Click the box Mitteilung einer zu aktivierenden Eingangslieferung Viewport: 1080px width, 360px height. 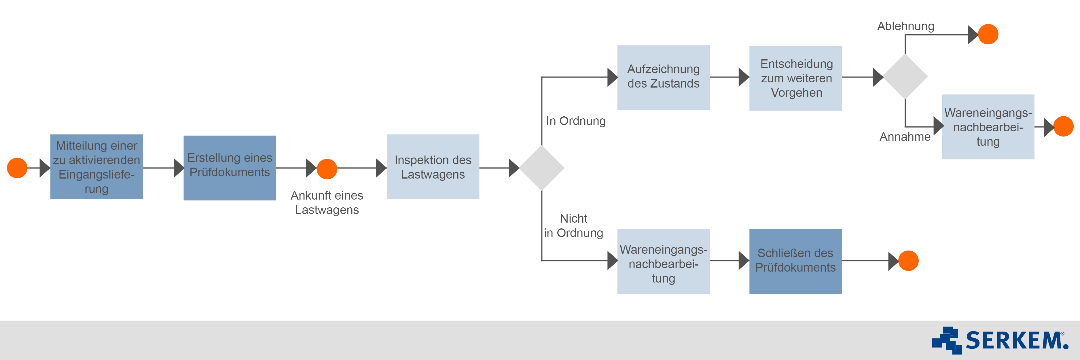point(96,167)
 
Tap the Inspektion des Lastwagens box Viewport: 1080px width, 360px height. point(433,167)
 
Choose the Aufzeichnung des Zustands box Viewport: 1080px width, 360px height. point(663,77)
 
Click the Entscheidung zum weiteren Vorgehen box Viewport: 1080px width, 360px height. point(795,78)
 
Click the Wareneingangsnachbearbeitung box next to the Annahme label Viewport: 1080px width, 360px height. point(988,126)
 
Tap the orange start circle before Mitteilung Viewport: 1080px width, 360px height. point(17,168)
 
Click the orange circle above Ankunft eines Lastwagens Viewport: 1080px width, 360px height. point(327,169)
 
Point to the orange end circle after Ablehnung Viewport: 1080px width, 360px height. point(988,34)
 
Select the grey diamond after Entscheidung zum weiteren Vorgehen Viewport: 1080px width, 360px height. point(905,77)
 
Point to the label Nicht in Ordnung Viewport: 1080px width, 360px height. point(573,226)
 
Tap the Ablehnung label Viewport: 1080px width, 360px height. point(905,26)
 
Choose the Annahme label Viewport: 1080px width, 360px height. point(905,137)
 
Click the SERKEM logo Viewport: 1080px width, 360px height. point(1000,340)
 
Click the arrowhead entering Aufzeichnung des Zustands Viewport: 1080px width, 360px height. point(612,77)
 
